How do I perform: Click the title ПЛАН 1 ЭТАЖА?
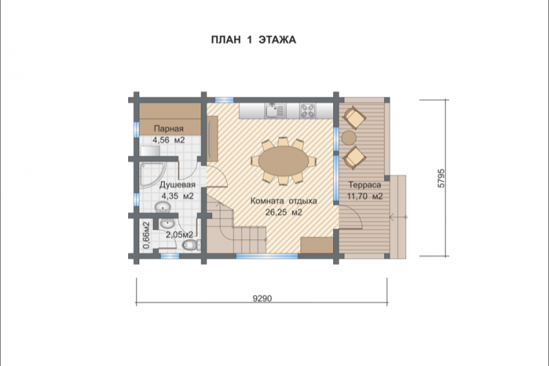[x=253, y=40]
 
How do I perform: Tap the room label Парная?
[x=168, y=129]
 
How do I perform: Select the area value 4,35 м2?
[x=177, y=196]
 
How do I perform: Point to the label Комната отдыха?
[x=283, y=201]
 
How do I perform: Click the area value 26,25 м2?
[x=283, y=212]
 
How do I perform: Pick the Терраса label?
[x=365, y=185]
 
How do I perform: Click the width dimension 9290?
[x=262, y=299]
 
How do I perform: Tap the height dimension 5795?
[x=441, y=179]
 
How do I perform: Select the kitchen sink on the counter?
[x=275, y=111]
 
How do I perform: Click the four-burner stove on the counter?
[x=307, y=111]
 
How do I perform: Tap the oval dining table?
[x=284, y=162]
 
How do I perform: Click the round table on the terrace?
[x=348, y=137]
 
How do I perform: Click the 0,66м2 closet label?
[x=146, y=235]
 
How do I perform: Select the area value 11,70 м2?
[x=365, y=196]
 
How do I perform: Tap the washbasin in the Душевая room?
[x=163, y=208]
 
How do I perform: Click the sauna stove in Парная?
[x=150, y=151]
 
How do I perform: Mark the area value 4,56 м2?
[x=168, y=140]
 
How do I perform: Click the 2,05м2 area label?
[x=179, y=235]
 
